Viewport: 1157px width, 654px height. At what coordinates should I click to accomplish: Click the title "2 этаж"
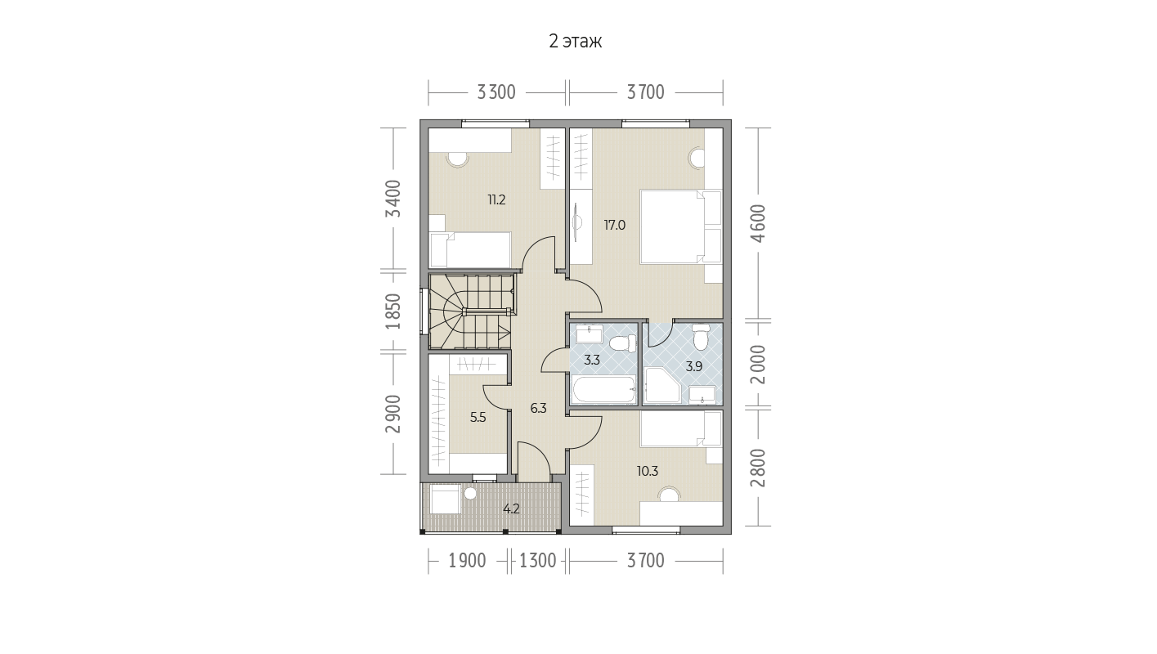click(575, 42)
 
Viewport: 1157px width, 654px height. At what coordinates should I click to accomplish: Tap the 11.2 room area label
click(496, 199)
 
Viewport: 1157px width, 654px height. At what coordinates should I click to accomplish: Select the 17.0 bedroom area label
click(615, 225)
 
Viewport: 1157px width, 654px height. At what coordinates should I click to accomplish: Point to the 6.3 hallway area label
click(538, 409)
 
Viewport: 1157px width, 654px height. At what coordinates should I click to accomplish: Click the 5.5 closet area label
click(478, 418)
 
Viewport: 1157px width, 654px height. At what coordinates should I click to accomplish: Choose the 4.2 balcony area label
click(511, 508)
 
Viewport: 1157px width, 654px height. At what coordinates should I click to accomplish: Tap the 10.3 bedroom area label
click(648, 471)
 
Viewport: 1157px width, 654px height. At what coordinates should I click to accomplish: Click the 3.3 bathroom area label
click(591, 360)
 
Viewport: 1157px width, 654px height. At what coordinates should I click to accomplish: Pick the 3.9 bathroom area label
click(693, 367)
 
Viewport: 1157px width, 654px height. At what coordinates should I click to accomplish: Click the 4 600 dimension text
click(758, 224)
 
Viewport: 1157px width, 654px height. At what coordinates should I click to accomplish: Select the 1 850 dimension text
click(393, 311)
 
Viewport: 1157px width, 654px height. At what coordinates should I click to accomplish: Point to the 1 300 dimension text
click(538, 561)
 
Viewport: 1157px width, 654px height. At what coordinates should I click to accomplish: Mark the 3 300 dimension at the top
click(496, 92)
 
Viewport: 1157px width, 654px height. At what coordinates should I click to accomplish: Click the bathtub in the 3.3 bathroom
click(603, 390)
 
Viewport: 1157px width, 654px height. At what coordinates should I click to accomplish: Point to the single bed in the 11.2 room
click(470, 250)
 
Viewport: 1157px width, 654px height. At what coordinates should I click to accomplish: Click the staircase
click(472, 311)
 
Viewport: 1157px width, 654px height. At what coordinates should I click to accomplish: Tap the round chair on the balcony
click(470, 493)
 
